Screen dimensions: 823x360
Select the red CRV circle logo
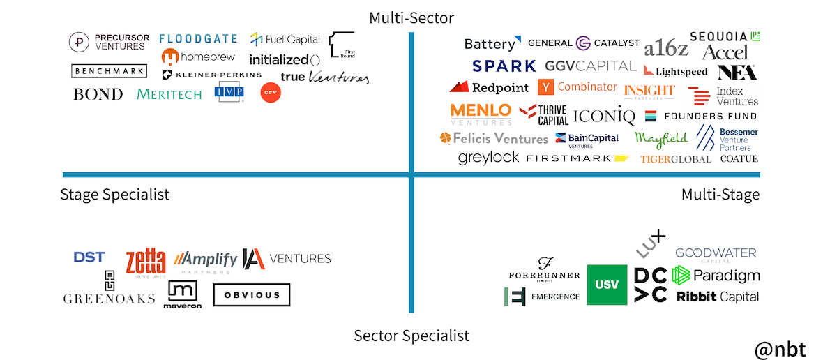point(271,93)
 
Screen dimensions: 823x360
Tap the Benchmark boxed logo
point(109,70)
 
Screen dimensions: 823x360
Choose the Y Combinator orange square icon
point(545,87)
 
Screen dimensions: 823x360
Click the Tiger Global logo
point(675,159)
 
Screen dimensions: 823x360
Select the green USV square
point(607,285)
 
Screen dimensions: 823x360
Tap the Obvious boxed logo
point(251,295)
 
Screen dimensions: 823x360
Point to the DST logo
point(89,257)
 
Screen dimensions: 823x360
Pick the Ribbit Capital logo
point(717,297)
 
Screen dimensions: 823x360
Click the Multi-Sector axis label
point(412,17)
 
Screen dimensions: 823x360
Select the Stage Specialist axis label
point(114,195)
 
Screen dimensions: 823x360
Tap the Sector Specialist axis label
point(412,336)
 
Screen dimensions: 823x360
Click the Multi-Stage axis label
point(720,195)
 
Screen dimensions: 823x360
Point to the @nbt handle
point(780,347)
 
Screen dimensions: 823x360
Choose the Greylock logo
point(488,158)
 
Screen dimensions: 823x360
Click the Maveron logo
point(183,294)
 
